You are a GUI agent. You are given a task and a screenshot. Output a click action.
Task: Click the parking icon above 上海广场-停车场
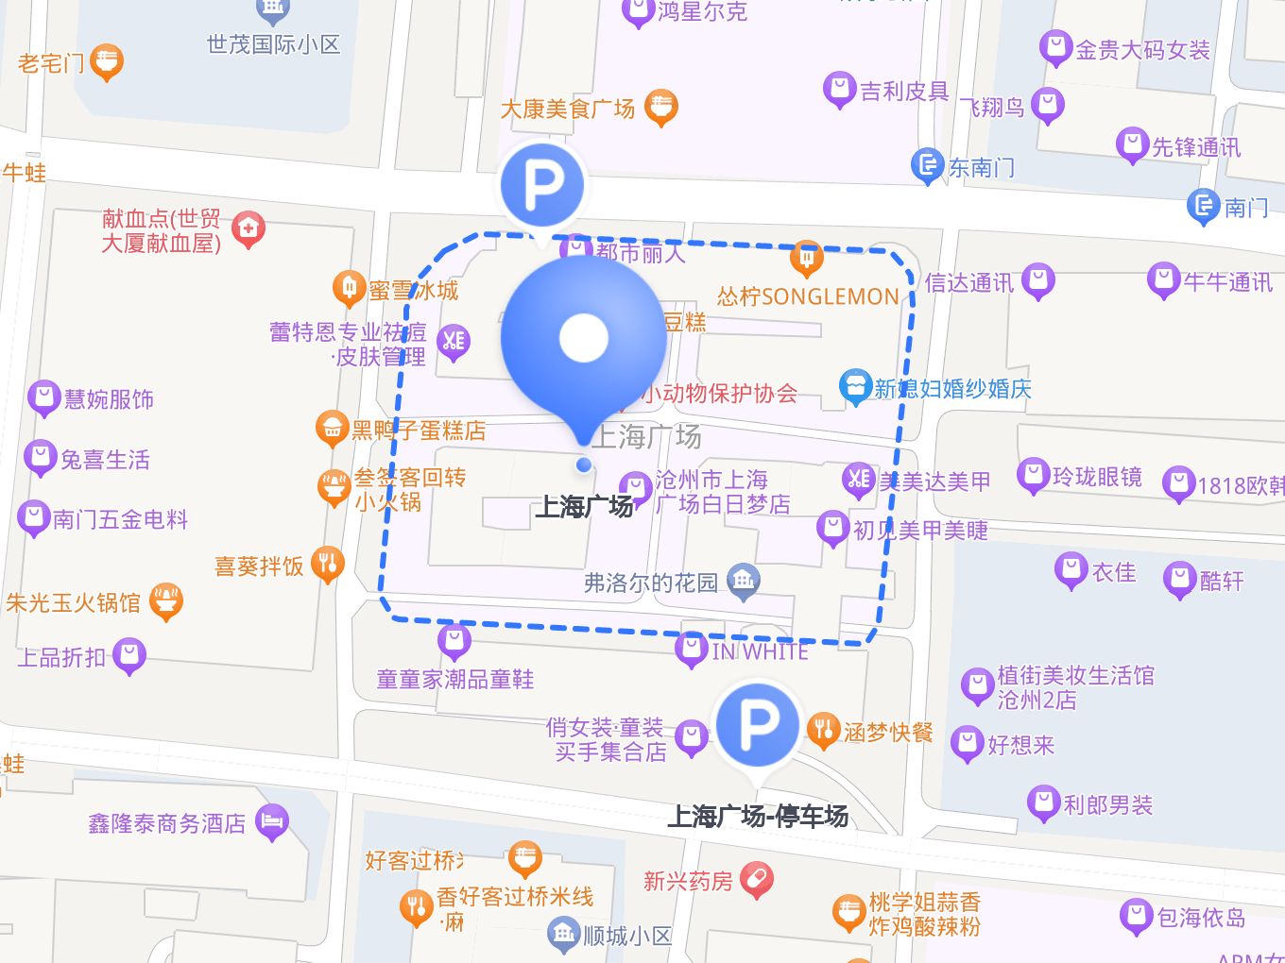758,725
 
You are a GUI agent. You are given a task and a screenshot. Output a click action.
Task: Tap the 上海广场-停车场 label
758,816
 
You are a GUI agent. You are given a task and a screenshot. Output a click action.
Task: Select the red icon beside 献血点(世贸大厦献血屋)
248,228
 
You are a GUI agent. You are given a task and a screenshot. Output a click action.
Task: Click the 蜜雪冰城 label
413,291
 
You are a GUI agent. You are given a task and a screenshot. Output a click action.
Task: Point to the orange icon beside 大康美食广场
660,108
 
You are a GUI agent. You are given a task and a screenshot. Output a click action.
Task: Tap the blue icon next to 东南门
927,166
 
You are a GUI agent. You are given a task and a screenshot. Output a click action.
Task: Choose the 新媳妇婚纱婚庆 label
952,389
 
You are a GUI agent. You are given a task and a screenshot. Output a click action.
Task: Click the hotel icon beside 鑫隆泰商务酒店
272,822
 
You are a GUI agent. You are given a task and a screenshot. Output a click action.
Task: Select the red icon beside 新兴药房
757,880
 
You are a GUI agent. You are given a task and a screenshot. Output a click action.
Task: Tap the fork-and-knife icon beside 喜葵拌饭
328,565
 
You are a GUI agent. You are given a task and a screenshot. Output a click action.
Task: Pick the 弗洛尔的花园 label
651,583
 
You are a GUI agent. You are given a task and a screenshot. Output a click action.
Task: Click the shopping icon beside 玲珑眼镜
1033,475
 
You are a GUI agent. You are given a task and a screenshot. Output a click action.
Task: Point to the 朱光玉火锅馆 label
73,602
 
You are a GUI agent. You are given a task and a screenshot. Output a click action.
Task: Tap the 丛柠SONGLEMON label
808,296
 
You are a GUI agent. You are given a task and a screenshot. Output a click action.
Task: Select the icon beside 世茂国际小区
272,10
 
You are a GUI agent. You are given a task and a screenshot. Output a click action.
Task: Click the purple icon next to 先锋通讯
1131,145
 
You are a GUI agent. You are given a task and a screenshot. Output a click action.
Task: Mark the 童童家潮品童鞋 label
455,679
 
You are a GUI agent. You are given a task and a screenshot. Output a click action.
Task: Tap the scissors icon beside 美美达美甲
858,479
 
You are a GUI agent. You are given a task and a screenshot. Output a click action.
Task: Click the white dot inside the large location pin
584,337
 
